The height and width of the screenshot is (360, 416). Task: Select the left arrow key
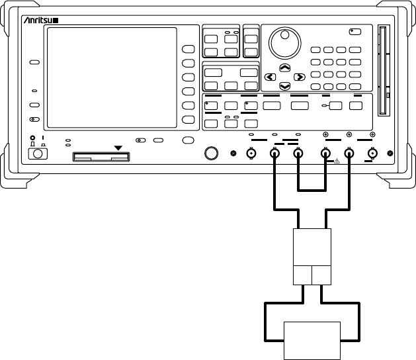(269, 77)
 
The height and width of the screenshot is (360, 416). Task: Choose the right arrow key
(300, 77)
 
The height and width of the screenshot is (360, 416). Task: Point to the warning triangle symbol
(337, 161)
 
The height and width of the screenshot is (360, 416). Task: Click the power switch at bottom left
(36, 154)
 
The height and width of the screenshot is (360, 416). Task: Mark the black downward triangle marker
(119, 147)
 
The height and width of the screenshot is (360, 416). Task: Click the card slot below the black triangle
(102, 157)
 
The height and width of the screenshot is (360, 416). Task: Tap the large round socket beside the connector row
(212, 154)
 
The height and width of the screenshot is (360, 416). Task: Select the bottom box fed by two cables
(312, 339)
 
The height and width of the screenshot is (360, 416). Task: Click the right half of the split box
(321, 275)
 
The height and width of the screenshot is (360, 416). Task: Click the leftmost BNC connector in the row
(251, 154)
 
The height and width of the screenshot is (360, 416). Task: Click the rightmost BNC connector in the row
(372, 154)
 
